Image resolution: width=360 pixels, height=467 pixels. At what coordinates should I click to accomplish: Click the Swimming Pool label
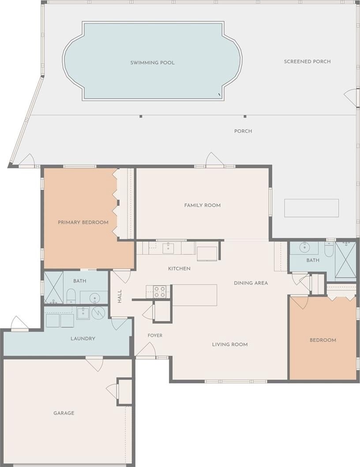click(x=152, y=63)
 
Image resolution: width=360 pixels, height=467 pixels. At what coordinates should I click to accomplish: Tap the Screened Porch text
click(x=307, y=61)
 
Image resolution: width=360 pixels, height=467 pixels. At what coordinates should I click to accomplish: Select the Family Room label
click(x=202, y=205)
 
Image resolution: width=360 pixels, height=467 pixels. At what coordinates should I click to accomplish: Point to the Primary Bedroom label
click(x=83, y=222)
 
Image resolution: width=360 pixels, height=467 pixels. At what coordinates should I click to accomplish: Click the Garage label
click(x=64, y=413)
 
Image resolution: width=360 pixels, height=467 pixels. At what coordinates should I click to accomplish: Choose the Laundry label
click(x=83, y=339)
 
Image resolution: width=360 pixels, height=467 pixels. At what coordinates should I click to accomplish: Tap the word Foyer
click(x=155, y=335)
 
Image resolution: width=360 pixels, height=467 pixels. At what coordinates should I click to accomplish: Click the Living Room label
click(x=230, y=344)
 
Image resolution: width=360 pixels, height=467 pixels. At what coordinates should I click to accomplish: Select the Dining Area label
click(x=251, y=283)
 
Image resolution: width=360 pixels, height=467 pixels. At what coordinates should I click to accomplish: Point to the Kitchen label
click(x=179, y=269)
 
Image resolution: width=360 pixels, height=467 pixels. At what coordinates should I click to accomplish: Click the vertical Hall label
click(x=120, y=296)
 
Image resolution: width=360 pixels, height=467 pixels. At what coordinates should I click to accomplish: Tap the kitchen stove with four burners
click(x=159, y=291)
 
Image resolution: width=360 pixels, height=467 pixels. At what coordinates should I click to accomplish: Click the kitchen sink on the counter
click(x=169, y=248)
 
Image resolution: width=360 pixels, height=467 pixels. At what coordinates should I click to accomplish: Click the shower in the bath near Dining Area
click(x=346, y=260)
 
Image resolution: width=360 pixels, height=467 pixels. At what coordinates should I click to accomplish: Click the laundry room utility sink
click(x=83, y=313)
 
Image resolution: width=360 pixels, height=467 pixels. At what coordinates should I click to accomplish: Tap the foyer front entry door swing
click(x=146, y=349)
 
